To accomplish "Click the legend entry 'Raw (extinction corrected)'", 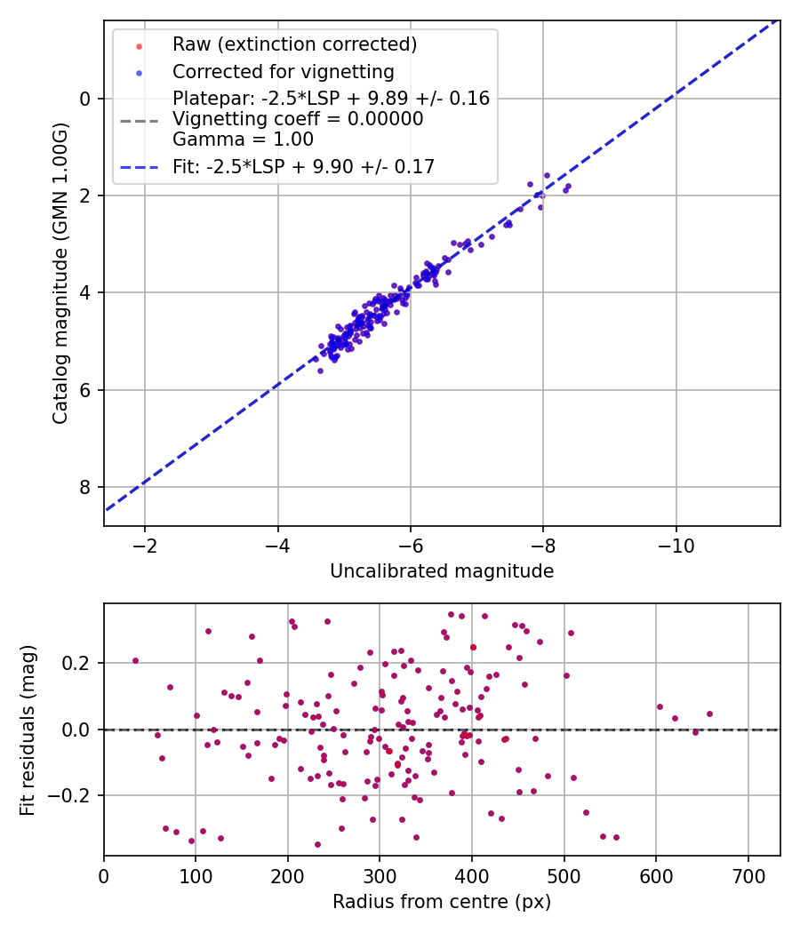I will click(294, 44).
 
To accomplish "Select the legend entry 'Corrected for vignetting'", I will click(284, 71).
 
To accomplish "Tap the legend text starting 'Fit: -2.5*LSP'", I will click(303, 166).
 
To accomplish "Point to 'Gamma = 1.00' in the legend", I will click(243, 140).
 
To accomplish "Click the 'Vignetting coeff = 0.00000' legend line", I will click(298, 119).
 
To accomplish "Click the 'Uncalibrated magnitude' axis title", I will click(442, 571).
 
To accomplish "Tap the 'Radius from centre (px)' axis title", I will click(442, 902).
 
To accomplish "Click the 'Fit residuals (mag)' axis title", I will click(28, 730).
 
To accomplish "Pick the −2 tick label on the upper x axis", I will click(145, 544).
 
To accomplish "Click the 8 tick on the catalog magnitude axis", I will click(85, 487).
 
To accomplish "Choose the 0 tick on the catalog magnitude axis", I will click(85, 99).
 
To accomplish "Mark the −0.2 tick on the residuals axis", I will click(73, 795).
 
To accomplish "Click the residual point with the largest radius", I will click(709, 714).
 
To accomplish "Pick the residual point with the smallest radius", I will click(135, 660).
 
